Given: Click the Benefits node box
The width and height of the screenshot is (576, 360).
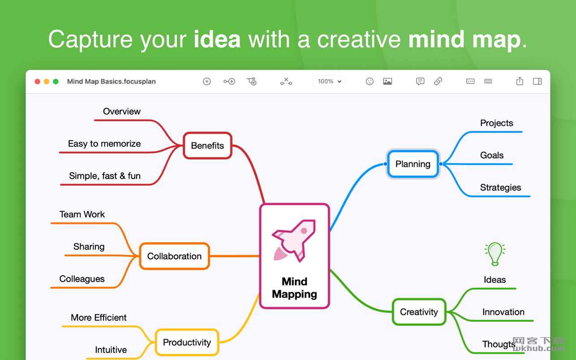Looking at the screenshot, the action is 207,146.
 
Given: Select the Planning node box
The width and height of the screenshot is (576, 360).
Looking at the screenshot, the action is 413,164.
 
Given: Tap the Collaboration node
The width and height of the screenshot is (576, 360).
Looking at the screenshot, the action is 174,256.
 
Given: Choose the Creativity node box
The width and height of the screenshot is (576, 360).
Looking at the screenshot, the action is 419,312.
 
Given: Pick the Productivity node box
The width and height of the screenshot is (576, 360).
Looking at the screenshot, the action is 187,342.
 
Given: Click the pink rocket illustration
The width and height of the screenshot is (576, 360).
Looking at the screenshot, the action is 294,241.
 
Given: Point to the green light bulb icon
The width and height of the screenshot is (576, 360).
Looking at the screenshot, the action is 495,254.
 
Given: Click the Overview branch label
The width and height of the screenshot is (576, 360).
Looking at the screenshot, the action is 122,111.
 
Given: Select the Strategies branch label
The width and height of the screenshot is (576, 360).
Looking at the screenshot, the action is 500,188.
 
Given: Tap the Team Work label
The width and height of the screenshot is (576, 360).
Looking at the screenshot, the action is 82,214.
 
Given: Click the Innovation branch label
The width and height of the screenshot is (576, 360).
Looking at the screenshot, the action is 503,312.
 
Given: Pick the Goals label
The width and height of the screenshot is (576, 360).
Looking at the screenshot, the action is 492,155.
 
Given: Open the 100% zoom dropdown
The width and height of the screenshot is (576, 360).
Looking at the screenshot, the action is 329,81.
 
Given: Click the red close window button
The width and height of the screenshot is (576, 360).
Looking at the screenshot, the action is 38,81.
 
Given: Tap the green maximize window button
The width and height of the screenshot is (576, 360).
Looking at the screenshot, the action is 56,81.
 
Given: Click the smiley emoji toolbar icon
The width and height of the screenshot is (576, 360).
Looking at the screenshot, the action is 370,81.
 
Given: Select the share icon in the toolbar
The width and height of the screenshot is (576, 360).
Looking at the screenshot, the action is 520,81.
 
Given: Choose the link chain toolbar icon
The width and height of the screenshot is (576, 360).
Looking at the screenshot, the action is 438,81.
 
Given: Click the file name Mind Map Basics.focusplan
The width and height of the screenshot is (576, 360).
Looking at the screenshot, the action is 112,81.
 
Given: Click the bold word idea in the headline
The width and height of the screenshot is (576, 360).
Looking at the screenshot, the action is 217,39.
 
